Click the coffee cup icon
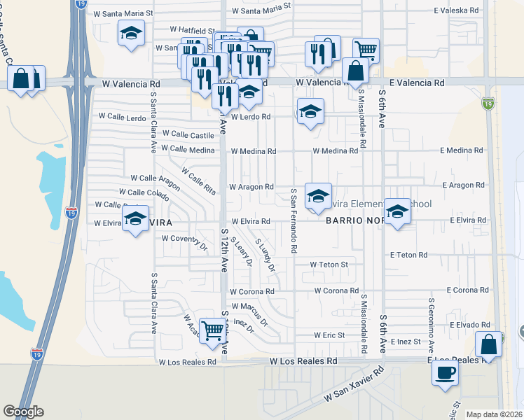(445, 372)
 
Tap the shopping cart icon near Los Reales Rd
(212, 329)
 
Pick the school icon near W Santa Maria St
(130, 34)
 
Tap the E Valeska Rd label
(457, 11)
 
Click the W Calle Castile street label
(188, 134)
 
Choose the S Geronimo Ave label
(431, 328)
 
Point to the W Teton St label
(329, 265)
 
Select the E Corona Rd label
(466, 290)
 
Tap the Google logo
(23, 412)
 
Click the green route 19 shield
(486, 104)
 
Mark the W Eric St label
(329, 335)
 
